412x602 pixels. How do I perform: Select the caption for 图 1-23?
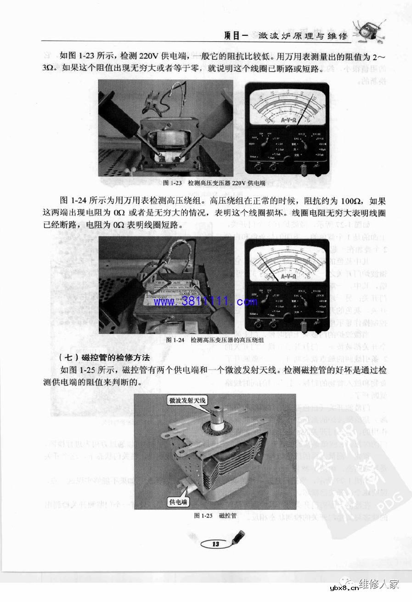pos(214,183)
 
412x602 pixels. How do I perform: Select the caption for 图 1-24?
pos(214,340)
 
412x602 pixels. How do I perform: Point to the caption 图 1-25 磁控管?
pos(215,516)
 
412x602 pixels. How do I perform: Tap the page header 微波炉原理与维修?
pos(303,35)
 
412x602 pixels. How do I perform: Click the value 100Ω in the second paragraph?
pos(352,201)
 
